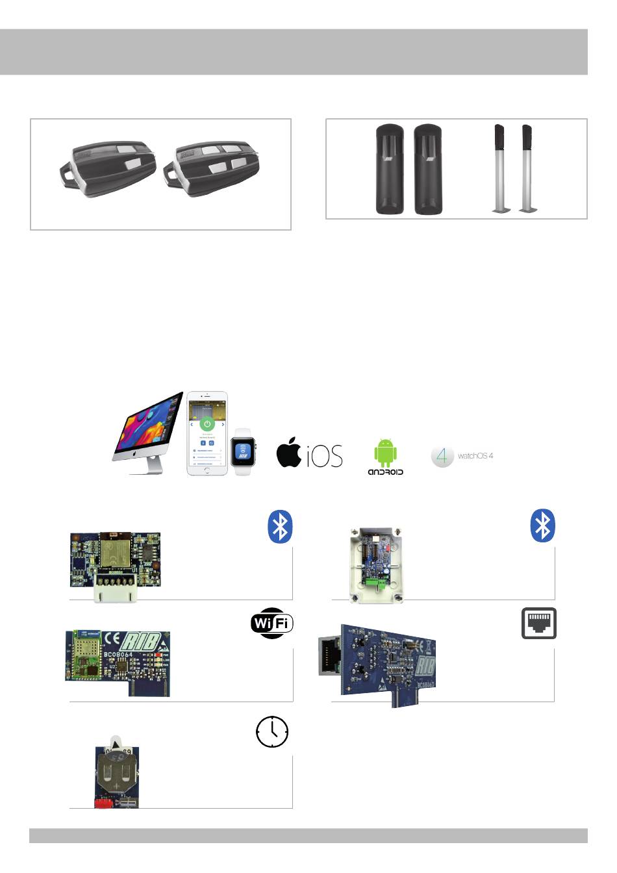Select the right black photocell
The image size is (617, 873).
coord(428,170)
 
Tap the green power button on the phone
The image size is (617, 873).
coord(207,424)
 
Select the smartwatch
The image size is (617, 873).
coord(243,451)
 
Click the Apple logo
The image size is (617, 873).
coord(289,452)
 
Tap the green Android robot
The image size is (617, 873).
coord(385,453)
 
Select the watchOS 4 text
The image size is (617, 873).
coord(475,456)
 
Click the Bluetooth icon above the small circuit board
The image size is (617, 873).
coord(280,527)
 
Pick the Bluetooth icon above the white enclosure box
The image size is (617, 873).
coord(543,525)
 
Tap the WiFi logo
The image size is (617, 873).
coord(272,624)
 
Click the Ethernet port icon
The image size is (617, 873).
coord(539,624)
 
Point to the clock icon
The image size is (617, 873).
coord(272,732)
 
